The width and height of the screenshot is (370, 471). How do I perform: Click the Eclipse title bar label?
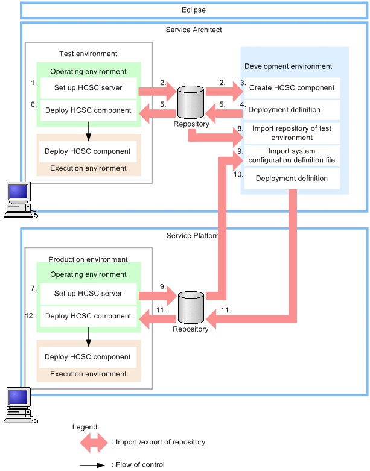click(x=194, y=10)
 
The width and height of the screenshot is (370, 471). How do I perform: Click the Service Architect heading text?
click(x=194, y=30)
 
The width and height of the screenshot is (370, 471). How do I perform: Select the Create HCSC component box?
click(x=292, y=88)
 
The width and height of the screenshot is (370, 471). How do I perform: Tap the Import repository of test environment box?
click(x=292, y=133)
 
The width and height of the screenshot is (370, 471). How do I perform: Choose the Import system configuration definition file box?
click(x=292, y=156)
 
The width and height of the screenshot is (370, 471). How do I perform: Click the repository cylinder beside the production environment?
click(x=190, y=306)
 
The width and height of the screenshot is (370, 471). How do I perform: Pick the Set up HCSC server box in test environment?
click(x=88, y=88)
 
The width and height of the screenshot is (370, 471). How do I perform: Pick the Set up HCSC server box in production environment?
click(x=88, y=294)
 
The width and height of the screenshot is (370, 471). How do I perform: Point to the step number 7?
click(x=34, y=289)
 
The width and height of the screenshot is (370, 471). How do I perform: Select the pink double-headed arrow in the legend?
click(x=94, y=443)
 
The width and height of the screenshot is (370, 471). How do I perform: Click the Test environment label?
click(x=88, y=54)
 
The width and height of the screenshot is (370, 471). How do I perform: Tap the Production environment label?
click(x=88, y=259)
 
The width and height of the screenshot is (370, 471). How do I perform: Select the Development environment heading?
click(x=288, y=66)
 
